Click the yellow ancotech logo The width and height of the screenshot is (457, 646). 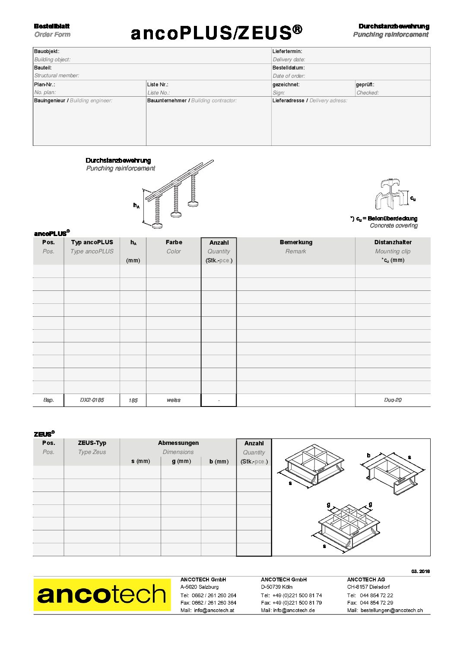(102, 595)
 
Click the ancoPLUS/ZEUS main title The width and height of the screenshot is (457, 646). (216, 33)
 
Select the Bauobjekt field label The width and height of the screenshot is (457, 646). (47, 51)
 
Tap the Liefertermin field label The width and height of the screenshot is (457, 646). (287, 51)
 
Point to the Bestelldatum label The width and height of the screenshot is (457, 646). (289, 68)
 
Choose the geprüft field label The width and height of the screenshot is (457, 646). (365, 85)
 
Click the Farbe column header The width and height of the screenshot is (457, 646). (174, 243)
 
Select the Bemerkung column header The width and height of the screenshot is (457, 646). (296, 243)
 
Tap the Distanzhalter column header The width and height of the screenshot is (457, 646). (393, 243)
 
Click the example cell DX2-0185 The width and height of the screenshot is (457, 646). (92, 400)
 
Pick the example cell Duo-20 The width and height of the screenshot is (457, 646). (393, 400)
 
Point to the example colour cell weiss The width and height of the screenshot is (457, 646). (174, 400)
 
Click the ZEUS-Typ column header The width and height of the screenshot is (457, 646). (92, 443)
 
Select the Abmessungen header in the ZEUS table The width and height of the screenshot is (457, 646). (178, 443)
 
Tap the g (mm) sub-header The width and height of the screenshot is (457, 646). (181, 461)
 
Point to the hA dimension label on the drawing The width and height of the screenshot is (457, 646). (136, 206)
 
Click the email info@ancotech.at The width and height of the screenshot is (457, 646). (214, 610)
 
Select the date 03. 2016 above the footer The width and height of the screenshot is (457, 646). (420, 571)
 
